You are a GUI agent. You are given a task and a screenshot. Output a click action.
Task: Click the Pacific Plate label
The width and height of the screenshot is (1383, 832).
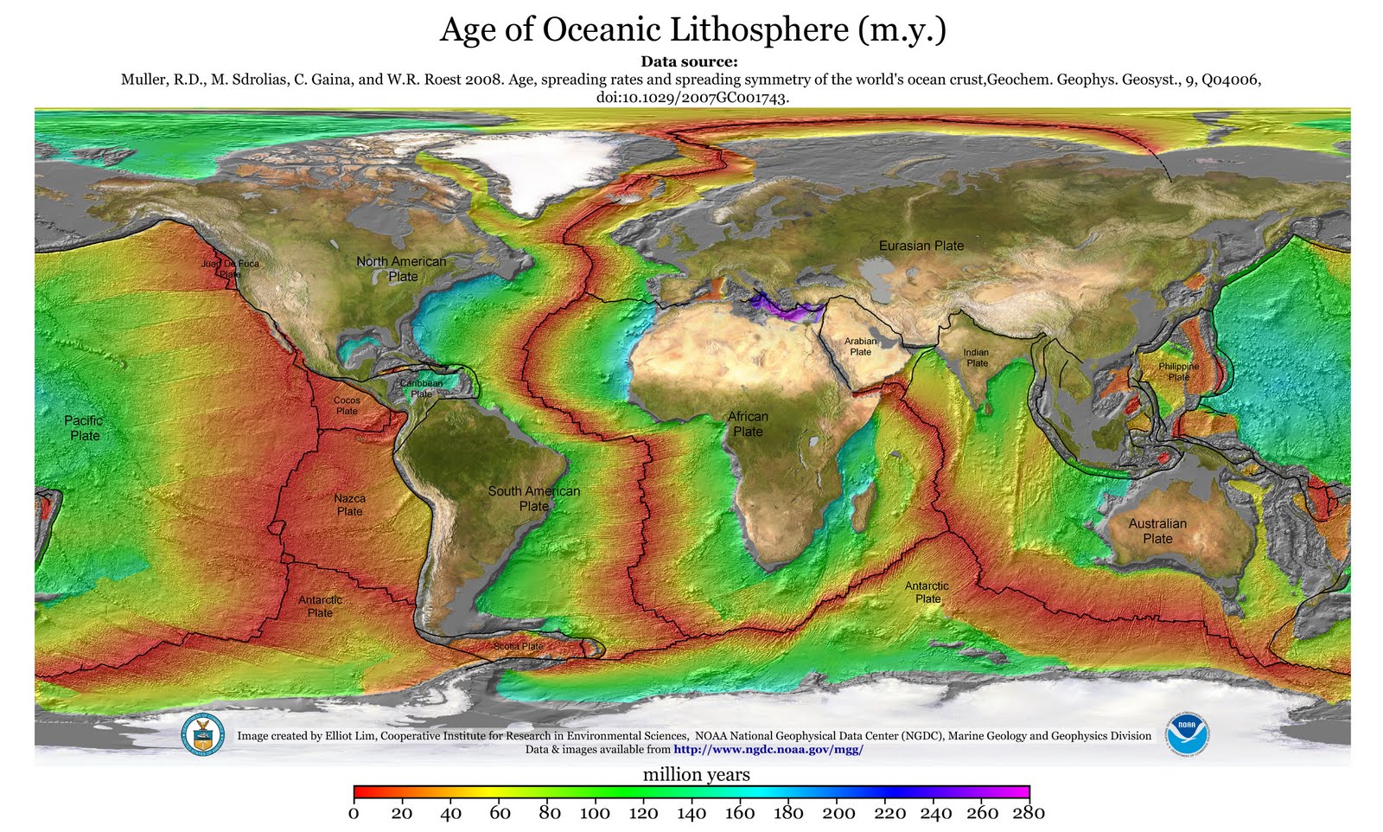tap(84, 428)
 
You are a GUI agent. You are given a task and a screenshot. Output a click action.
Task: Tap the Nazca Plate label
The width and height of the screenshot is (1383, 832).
tap(349, 505)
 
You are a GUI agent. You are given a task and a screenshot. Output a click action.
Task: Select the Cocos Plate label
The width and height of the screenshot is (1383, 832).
tap(347, 406)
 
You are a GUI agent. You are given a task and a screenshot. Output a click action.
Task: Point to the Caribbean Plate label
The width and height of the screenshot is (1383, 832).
tap(421, 388)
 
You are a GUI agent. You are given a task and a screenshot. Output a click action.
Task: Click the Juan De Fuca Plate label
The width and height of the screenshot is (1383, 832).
tap(230, 268)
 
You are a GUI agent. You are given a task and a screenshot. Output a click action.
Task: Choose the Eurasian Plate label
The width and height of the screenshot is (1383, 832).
tap(921, 246)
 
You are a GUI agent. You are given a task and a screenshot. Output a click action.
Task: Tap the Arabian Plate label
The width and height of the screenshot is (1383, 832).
tap(860, 346)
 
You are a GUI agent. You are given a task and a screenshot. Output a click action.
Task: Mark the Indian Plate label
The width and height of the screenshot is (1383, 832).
tap(976, 357)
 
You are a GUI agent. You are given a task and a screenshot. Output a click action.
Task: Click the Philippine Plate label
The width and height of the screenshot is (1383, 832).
tap(1178, 371)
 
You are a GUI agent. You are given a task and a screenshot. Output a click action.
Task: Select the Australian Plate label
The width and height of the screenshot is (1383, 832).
tap(1157, 531)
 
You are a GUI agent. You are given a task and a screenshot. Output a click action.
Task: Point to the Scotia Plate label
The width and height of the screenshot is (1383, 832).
tap(518, 646)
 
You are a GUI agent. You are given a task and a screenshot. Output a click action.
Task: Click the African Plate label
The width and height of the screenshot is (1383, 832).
tap(748, 424)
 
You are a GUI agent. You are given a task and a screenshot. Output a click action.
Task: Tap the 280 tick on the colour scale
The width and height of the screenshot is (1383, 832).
tap(1029, 812)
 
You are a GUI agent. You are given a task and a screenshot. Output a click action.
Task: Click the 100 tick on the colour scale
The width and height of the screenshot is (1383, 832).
tap(595, 812)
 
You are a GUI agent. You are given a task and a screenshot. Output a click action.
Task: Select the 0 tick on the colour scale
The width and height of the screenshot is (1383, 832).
tap(354, 812)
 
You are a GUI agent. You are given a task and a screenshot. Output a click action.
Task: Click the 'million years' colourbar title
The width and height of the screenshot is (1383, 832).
tap(696, 775)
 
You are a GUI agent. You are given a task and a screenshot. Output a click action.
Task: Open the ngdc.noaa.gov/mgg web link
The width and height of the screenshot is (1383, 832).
tap(768, 750)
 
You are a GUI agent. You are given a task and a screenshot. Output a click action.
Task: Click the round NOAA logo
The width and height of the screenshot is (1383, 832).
tap(1187, 735)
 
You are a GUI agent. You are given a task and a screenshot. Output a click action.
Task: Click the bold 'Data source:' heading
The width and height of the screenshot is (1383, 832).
tap(689, 61)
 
